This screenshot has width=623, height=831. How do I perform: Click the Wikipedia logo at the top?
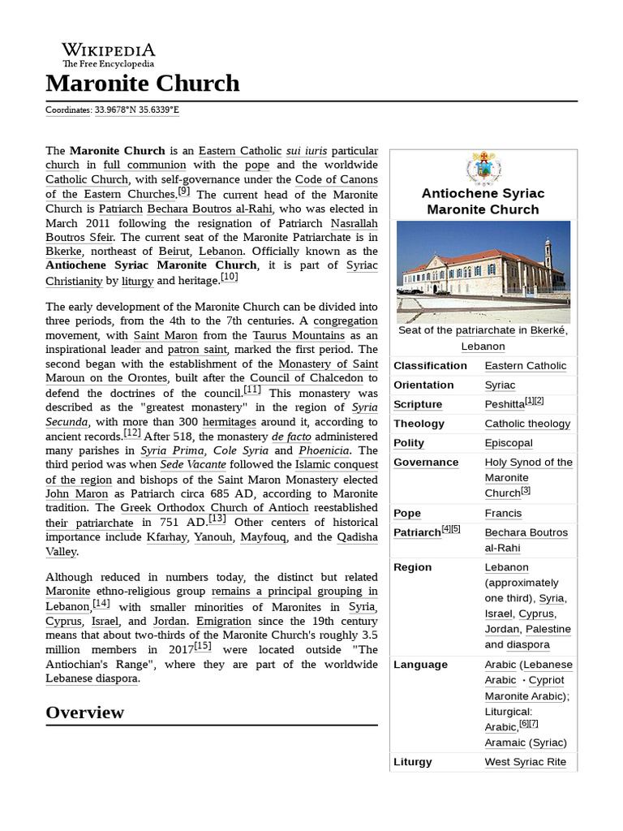pos(109,55)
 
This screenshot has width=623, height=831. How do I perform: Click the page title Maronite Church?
pos(143,84)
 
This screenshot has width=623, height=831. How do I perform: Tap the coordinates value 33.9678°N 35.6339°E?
pos(136,110)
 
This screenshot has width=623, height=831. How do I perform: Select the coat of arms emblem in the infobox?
pos(483,168)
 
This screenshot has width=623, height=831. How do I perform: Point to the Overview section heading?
pos(85,713)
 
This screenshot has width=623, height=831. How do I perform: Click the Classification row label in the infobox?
pos(430,366)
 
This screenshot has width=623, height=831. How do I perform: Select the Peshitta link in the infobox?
pos(504,405)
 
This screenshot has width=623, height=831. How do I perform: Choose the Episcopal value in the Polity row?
pos(509,443)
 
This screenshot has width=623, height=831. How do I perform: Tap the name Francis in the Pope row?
pos(503,514)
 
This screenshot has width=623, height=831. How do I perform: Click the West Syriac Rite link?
pos(530,762)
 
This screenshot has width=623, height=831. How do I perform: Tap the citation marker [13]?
pos(217,519)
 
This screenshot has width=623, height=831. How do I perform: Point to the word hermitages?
pos(230,422)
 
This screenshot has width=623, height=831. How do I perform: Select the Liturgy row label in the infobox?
pos(413,762)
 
